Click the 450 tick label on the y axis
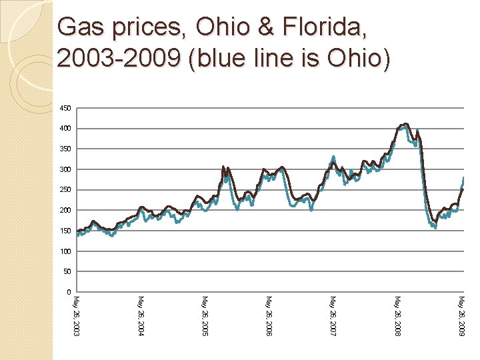pos(65,108)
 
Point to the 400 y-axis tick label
pos(65,129)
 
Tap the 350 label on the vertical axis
pos(65,149)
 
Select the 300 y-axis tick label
pos(65,169)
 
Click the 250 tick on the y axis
pos(65,190)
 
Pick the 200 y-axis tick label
pos(65,211)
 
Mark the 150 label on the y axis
pos(65,231)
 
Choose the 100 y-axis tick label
pos(65,251)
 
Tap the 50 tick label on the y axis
pos(67,272)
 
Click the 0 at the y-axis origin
pos(69,292)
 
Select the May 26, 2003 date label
pos(77,315)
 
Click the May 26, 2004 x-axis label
pos(141,315)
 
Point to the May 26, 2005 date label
pos(205,315)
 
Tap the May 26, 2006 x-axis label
pos(269,315)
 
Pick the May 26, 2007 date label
pos(333,315)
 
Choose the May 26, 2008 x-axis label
pos(398,315)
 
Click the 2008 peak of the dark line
pos(406,124)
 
